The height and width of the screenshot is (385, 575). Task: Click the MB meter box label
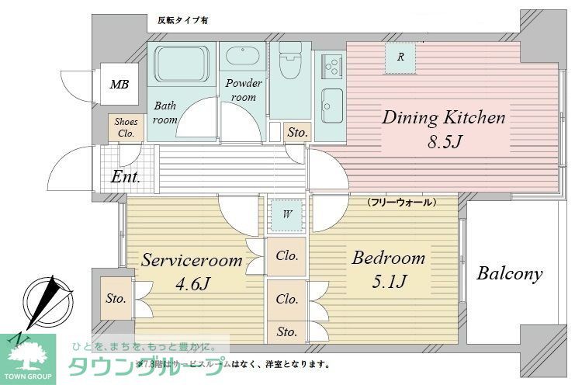click(118, 85)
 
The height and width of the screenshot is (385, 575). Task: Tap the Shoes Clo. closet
click(125, 128)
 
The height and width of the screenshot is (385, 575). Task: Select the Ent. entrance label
click(125, 177)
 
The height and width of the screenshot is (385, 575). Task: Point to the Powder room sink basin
click(244, 57)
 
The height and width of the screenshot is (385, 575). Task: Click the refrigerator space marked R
click(400, 57)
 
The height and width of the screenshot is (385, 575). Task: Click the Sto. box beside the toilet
click(297, 133)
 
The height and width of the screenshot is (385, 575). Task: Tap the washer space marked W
click(287, 215)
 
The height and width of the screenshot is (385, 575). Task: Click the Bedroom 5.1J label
click(388, 268)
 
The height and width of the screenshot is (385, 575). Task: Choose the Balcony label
click(509, 274)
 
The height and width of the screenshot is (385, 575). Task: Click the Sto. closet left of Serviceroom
click(116, 297)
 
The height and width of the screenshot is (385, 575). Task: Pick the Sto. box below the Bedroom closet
click(286, 331)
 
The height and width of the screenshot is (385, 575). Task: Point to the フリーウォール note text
click(401, 202)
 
